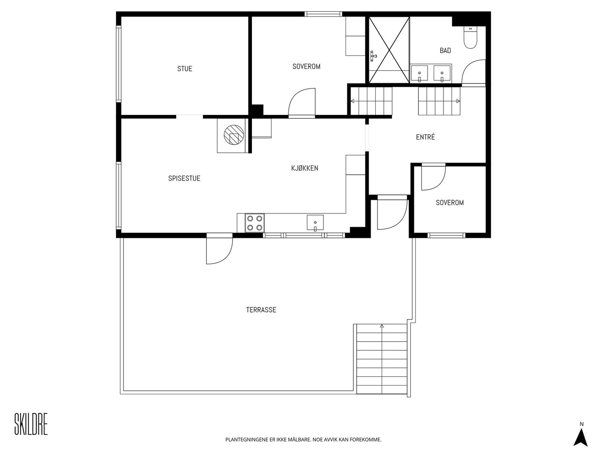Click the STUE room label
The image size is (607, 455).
point(184,69)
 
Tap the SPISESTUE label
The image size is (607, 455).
point(184,179)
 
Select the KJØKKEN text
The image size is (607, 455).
point(305,168)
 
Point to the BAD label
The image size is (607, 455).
point(445,50)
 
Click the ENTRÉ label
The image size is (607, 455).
point(425,137)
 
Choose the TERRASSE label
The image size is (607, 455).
point(261,310)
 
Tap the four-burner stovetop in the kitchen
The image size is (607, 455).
point(255,223)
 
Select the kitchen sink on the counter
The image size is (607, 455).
point(315,223)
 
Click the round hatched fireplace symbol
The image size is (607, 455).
point(234,135)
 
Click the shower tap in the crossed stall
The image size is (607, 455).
point(373,56)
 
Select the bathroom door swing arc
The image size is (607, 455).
point(473,71)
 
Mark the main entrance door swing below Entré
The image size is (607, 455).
point(392,214)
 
